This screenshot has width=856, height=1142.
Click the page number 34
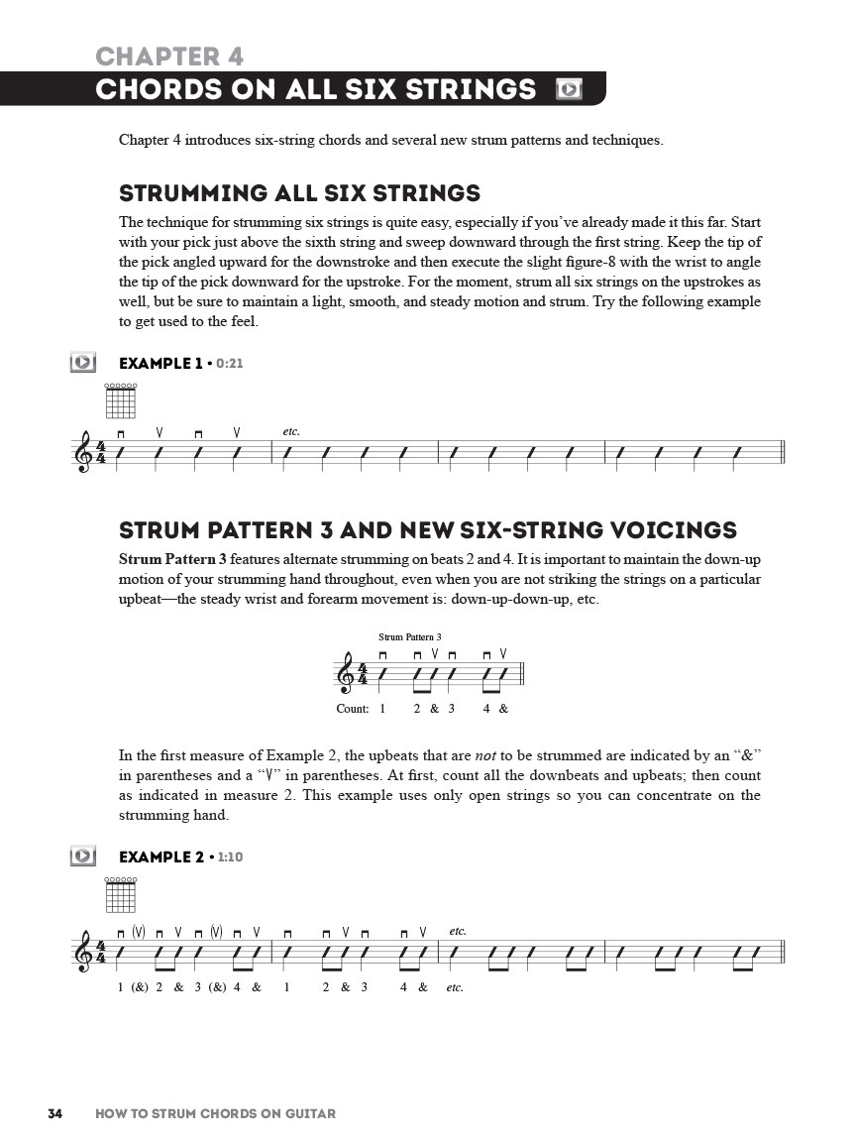click(55, 1113)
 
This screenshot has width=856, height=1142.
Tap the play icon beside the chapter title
click(569, 89)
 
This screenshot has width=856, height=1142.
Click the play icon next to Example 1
click(83, 363)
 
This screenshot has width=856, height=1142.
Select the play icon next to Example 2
click(83, 856)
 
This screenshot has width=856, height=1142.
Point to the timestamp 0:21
click(229, 364)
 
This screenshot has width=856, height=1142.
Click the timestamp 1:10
click(229, 856)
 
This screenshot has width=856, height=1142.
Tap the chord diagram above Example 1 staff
click(120, 401)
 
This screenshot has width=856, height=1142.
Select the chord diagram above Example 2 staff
click(120, 894)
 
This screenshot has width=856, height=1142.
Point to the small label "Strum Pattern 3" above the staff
click(409, 636)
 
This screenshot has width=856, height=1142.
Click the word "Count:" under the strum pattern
click(353, 709)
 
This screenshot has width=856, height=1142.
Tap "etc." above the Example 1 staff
click(291, 432)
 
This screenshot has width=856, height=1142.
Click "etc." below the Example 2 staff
click(455, 987)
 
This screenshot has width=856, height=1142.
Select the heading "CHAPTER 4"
click(169, 56)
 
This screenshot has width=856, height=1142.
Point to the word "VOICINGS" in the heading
click(674, 529)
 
